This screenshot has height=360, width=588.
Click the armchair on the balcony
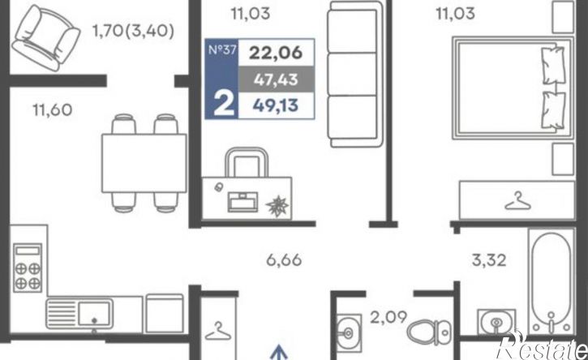click(45, 38)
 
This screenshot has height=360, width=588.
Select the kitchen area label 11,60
click(53, 110)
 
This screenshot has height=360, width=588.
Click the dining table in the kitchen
click(144, 163)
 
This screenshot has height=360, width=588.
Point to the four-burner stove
click(28, 268)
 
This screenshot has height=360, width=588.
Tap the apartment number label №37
click(222, 50)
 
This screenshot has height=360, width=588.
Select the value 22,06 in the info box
click(276, 53)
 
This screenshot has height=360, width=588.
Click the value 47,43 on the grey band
click(276, 79)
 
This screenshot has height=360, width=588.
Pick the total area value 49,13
click(276, 105)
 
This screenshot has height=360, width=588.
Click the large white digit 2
click(224, 105)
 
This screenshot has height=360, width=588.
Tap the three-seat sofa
click(355, 74)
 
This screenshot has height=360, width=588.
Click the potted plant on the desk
click(277, 206)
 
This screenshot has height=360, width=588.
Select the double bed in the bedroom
click(513, 88)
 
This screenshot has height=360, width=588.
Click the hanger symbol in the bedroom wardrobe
click(518, 201)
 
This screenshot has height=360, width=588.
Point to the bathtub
click(551, 281)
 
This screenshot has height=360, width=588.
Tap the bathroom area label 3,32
click(489, 260)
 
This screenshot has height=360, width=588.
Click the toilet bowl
click(429, 332)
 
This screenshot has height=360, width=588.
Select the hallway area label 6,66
click(284, 260)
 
